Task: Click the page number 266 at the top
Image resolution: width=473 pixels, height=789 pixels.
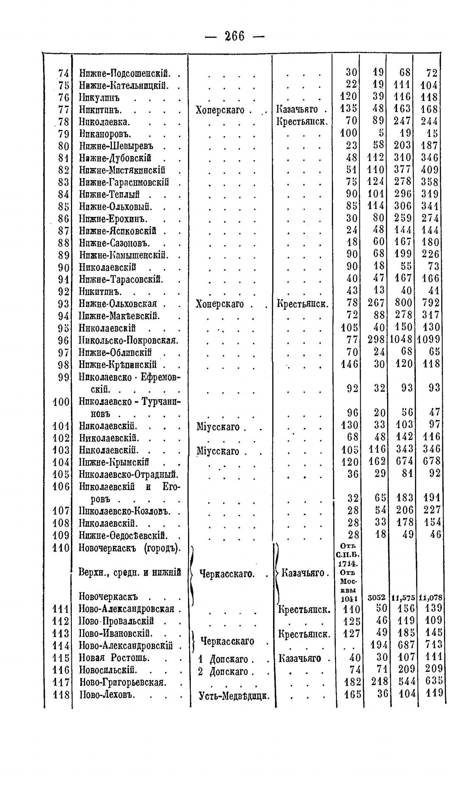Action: [x=234, y=37]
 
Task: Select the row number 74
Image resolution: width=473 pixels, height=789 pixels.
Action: [x=63, y=73]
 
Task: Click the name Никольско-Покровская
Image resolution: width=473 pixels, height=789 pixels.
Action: [x=128, y=340]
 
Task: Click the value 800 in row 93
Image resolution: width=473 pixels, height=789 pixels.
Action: [x=404, y=303]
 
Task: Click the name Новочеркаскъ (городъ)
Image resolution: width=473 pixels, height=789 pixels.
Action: [x=130, y=548]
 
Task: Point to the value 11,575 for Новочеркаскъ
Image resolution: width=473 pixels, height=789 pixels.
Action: [x=403, y=598]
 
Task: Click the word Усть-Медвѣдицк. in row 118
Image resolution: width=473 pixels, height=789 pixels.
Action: [x=234, y=695]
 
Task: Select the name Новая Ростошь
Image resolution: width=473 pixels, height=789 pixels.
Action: [x=114, y=658]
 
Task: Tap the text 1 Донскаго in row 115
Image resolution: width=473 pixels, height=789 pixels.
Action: [x=223, y=659]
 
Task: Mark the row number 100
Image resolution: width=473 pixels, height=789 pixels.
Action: [x=61, y=401]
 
